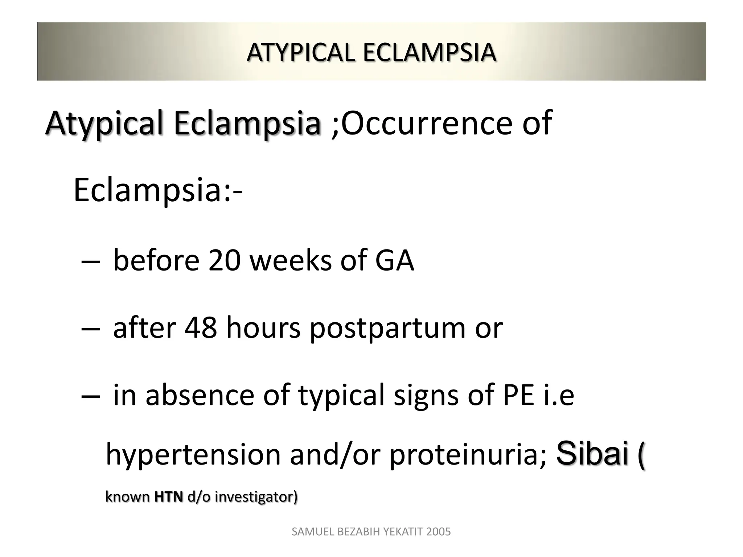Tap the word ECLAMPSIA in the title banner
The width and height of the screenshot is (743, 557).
click(429, 52)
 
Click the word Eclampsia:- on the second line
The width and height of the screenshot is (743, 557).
click(158, 190)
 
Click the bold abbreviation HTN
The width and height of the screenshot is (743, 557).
click(169, 497)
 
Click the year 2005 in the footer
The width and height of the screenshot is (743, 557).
click(439, 532)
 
